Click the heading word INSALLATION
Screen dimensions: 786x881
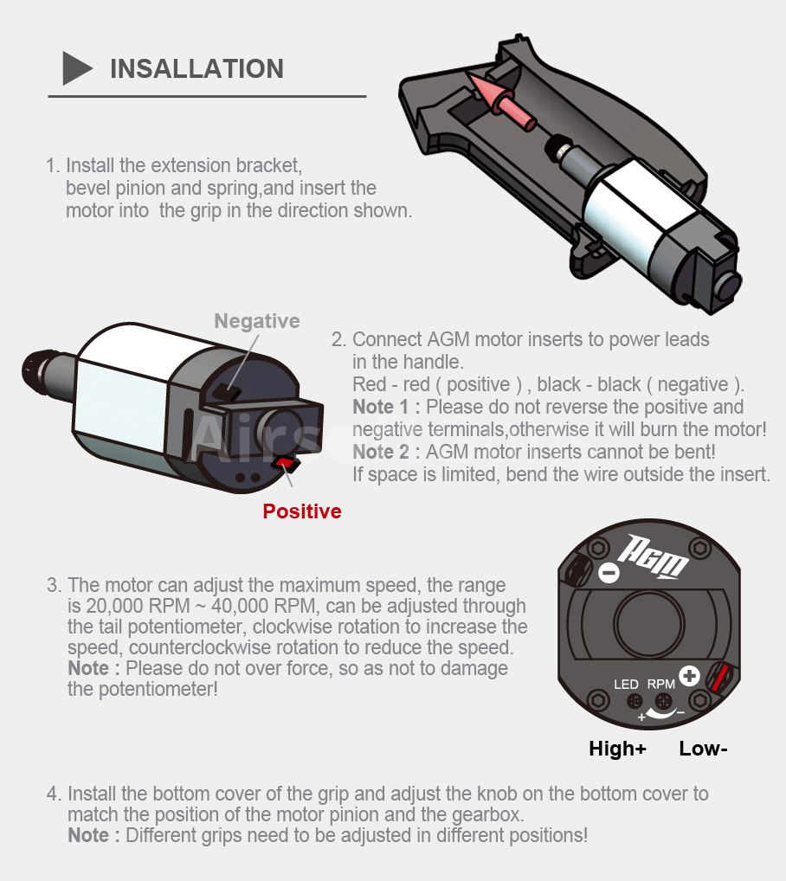196,69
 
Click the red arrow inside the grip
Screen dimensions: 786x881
499,100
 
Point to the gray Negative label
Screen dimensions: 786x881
257,321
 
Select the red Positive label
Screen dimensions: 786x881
302,511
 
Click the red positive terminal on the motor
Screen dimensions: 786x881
286,464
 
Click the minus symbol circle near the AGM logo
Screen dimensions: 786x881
609,573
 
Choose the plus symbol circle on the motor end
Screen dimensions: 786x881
689,675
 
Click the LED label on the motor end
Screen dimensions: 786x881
626,685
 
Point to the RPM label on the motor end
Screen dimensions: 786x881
660,685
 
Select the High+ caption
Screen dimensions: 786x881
617,749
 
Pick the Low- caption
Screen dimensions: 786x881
703,749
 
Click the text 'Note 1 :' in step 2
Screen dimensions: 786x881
387,407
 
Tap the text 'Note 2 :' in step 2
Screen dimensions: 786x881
387,452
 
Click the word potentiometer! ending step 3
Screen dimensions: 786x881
158,690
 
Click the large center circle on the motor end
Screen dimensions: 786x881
649,623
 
